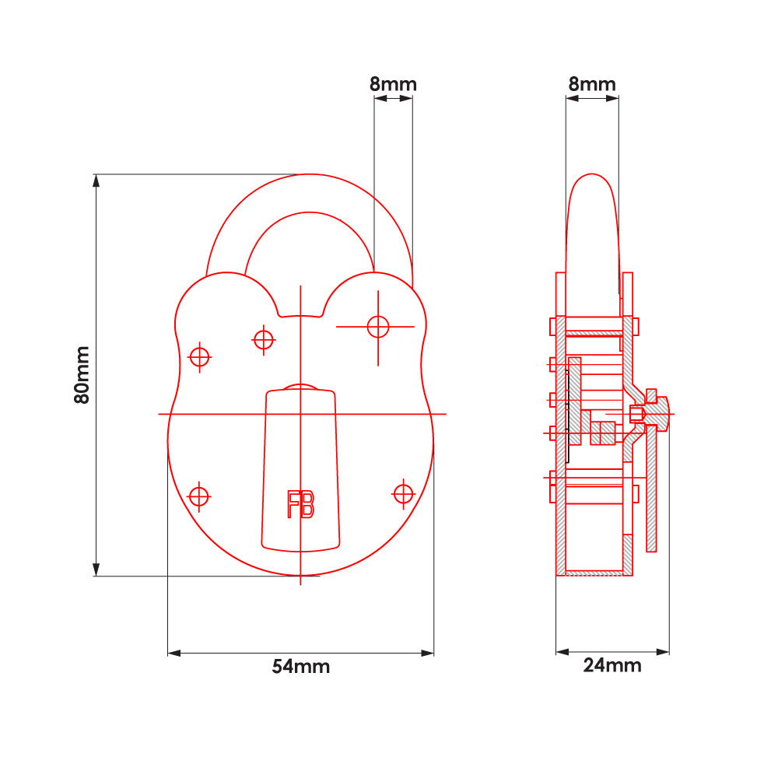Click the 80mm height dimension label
[x=82, y=375]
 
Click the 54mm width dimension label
[x=300, y=667]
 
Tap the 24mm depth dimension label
[x=612, y=665]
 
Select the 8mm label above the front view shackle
[x=393, y=84]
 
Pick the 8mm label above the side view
[x=592, y=84]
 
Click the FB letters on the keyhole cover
[x=301, y=505]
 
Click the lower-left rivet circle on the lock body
[x=200, y=496]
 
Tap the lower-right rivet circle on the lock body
[x=403, y=493]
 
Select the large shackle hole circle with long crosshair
[x=378, y=327]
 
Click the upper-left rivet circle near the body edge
[x=201, y=356]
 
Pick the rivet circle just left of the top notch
[x=264, y=339]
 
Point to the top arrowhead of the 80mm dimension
[x=96, y=180]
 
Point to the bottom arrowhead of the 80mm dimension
[x=96, y=569]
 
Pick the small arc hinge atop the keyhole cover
[x=300, y=387]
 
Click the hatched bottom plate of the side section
[x=596, y=573]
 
